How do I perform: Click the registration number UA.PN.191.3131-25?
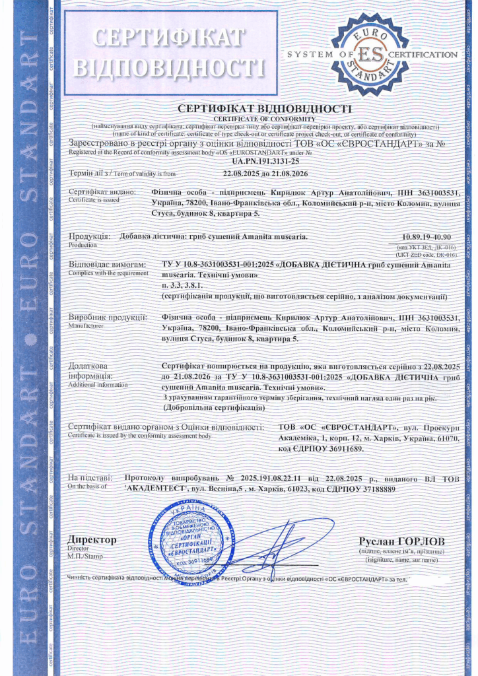coord(265,160)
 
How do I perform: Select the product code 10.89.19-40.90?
coord(429,236)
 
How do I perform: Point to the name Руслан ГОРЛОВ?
coord(397,541)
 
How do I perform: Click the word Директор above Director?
coord(92,539)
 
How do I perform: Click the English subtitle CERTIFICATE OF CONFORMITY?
coord(265,118)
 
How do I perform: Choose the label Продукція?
coord(89,236)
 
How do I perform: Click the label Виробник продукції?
coord(108,318)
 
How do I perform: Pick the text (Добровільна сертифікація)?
coord(211,407)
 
